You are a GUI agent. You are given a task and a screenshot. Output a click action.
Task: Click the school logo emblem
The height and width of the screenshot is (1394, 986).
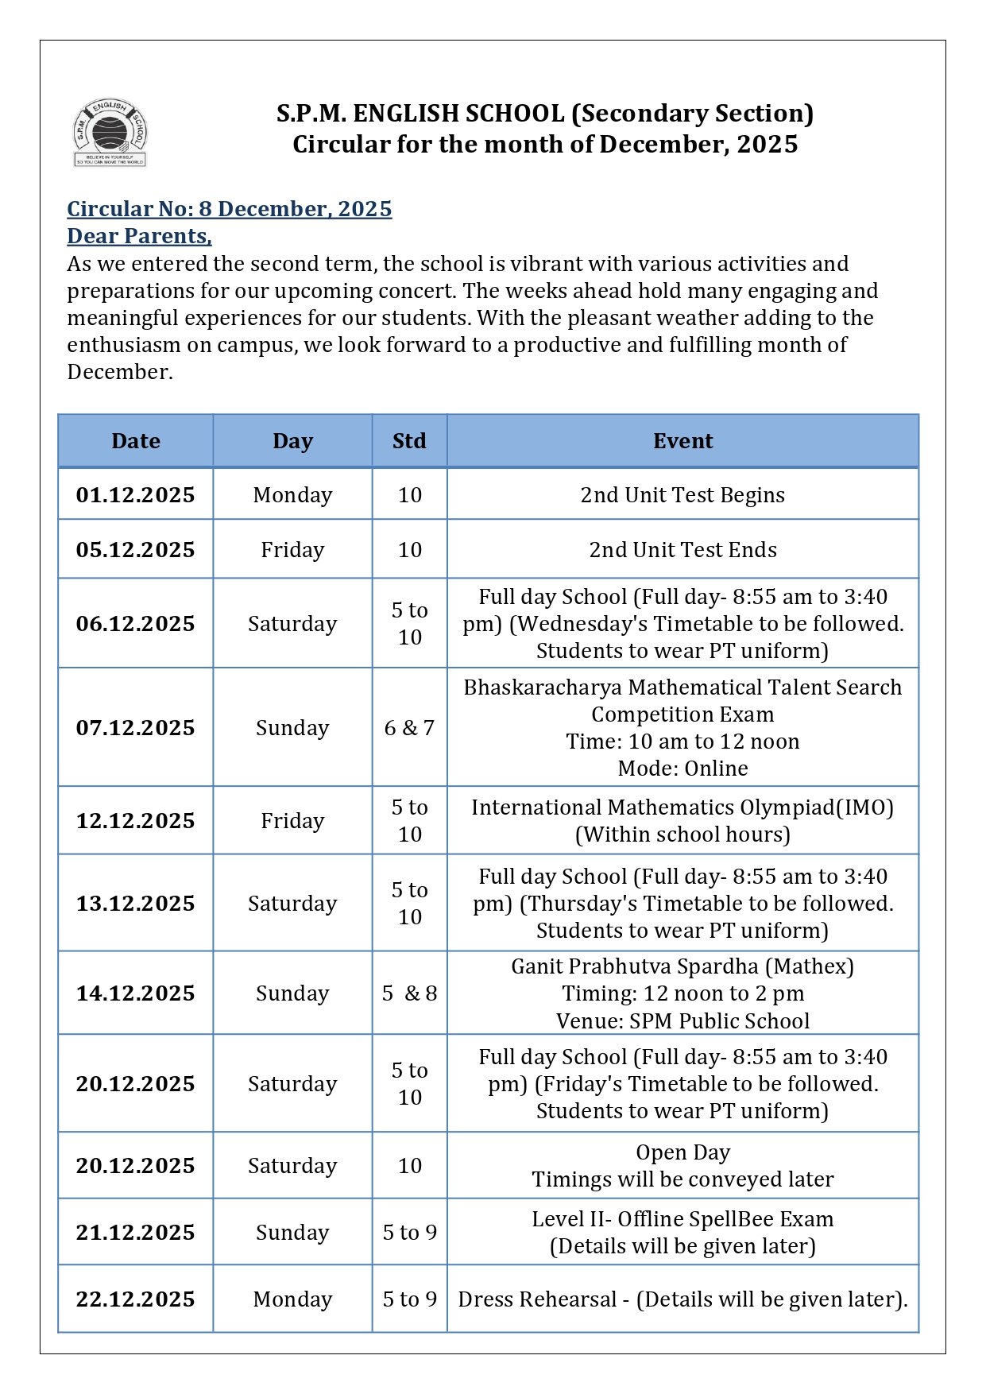click(110, 133)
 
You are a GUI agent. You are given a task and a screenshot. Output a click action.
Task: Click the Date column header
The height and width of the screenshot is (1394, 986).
click(136, 441)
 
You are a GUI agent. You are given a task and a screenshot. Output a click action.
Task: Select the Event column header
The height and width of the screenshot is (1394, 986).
click(682, 441)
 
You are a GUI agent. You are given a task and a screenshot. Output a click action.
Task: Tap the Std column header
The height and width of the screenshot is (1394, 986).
click(409, 441)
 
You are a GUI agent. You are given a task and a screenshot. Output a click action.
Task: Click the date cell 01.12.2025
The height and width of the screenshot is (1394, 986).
click(136, 495)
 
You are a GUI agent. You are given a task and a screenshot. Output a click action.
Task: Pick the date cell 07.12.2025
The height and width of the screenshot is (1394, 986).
click(136, 728)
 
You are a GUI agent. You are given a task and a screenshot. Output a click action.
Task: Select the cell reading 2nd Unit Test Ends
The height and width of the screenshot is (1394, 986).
click(682, 550)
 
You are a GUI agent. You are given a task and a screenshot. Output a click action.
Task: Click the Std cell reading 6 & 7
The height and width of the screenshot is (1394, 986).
click(409, 728)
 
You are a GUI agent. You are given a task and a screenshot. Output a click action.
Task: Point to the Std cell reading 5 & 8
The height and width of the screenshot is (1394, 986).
click(409, 993)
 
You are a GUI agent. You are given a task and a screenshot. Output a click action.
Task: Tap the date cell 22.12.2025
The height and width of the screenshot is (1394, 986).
click(136, 1299)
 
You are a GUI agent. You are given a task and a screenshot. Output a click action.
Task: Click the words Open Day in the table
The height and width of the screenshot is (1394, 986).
click(682, 1152)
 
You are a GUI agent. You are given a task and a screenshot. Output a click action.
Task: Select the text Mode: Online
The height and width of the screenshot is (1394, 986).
click(682, 769)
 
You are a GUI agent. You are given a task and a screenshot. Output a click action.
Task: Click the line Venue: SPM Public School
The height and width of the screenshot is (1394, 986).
click(682, 1021)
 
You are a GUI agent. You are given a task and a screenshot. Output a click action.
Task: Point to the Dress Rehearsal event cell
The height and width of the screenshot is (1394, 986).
click(682, 1299)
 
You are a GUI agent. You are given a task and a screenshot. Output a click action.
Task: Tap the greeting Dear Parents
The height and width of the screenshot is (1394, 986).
click(139, 236)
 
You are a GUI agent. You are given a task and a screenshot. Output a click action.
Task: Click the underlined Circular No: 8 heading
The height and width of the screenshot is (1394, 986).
click(229, 209)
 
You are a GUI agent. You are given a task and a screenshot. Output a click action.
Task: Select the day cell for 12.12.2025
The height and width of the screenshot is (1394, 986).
click(292, 821)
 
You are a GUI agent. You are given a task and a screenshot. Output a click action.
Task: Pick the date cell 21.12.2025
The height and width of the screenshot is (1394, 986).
click(136, 1233)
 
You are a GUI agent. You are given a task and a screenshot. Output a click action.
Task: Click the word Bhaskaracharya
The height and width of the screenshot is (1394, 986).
click(544, 687)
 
